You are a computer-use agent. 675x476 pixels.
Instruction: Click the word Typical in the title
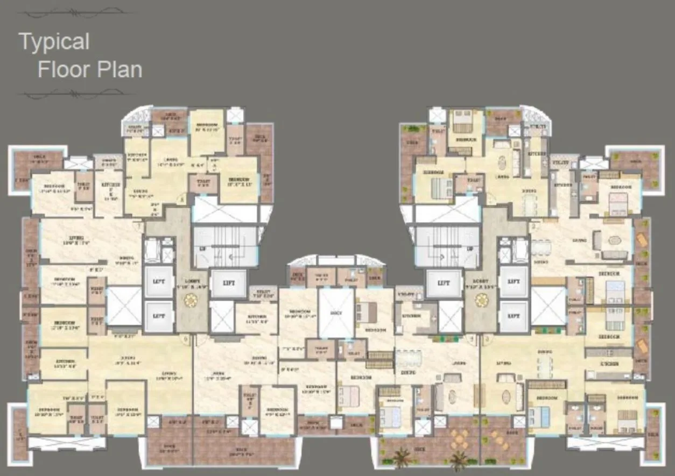click(54, 42)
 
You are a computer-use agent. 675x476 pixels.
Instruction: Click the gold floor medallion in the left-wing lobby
click(191, 300)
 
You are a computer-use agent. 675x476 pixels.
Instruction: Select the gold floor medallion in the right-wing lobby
click(482, 300)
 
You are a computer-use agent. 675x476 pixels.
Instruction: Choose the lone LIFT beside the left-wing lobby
click(228, 283)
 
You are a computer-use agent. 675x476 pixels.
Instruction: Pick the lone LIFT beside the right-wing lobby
click(444, 283)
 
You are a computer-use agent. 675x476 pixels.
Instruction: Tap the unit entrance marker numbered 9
click(186, 340)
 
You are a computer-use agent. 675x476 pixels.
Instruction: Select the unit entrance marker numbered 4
click(473, 339)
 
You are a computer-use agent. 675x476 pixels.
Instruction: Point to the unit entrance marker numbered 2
click(533, 226)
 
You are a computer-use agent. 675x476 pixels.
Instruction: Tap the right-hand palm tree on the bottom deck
click(459, 458)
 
